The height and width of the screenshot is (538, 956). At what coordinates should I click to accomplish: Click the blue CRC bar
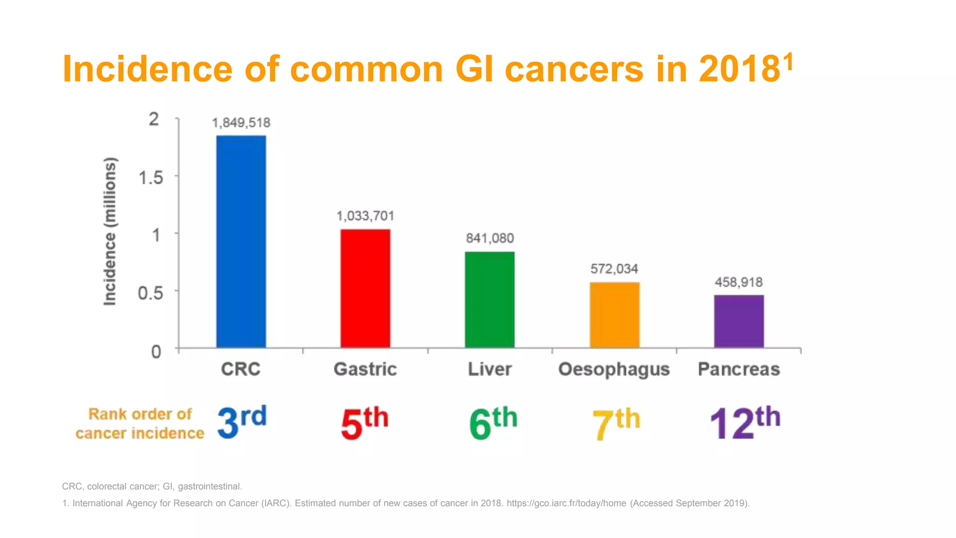241,241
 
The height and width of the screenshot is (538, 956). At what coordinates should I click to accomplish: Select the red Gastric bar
365,288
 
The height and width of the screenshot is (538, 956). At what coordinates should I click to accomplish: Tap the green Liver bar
490,299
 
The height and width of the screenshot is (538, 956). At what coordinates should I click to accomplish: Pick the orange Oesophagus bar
614,315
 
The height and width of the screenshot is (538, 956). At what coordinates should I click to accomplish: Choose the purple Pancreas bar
738,321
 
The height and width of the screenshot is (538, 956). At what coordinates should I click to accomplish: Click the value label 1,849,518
241,123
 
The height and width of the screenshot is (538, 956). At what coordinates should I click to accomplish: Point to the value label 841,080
490,238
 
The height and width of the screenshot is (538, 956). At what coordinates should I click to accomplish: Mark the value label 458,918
738,282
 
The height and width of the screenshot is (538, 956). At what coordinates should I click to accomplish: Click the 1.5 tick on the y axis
151,177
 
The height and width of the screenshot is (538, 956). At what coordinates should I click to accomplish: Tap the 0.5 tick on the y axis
150,293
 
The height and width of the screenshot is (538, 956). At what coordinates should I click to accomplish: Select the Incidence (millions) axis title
110,232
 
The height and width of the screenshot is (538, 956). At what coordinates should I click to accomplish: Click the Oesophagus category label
614,369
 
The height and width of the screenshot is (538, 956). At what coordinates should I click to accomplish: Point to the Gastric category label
365,369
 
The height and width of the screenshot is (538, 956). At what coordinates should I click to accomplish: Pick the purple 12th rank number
745,423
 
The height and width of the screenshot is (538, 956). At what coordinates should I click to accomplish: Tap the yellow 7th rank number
616,423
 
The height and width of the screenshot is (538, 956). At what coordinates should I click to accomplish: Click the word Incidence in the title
147,69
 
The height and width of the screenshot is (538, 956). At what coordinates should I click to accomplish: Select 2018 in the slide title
739,69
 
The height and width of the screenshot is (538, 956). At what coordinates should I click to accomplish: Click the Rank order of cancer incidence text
140,424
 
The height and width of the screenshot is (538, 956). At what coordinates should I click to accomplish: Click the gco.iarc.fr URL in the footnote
566,503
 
